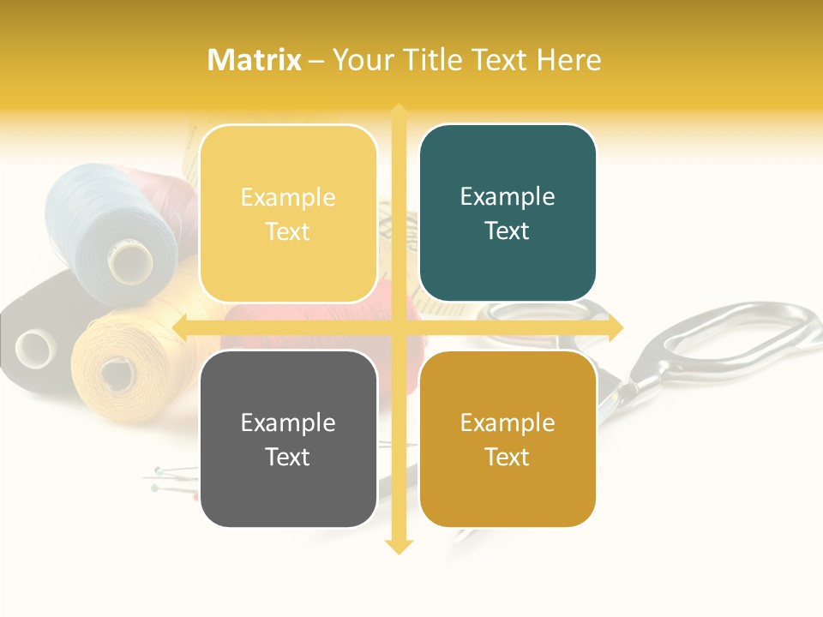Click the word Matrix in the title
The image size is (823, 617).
[254, 60]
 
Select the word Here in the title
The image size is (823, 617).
[569, 60]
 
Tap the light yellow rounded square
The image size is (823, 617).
[288, 213]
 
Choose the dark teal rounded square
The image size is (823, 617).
[508, 213]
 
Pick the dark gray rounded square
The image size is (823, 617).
[288, 439]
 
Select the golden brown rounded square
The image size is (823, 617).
[508, 439]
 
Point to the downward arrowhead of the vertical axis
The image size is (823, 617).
[399, 546]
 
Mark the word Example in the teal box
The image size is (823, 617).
[508, 197]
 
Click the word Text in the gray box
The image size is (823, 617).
[288, 457]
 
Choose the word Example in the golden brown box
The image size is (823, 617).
[508, 422]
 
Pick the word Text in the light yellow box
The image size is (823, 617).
[288, 231]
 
